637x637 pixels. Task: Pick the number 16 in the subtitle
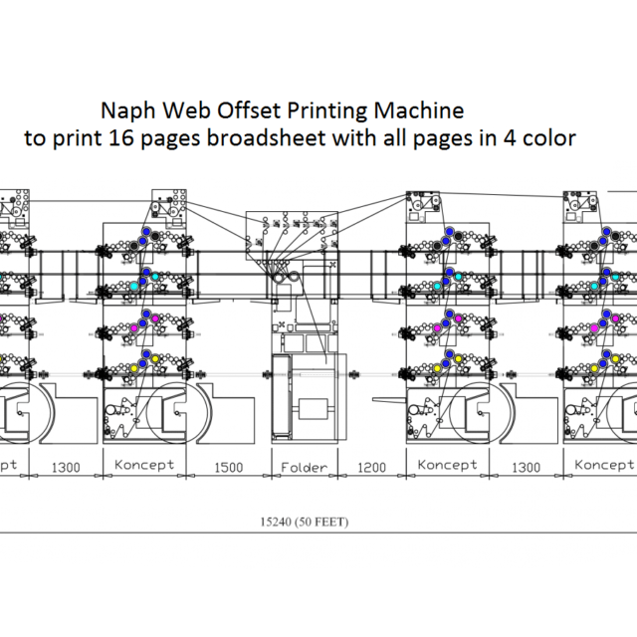tap(137, 138)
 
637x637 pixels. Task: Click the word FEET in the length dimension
tap(329, 521)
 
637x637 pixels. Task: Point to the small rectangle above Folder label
tap(315, 408)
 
